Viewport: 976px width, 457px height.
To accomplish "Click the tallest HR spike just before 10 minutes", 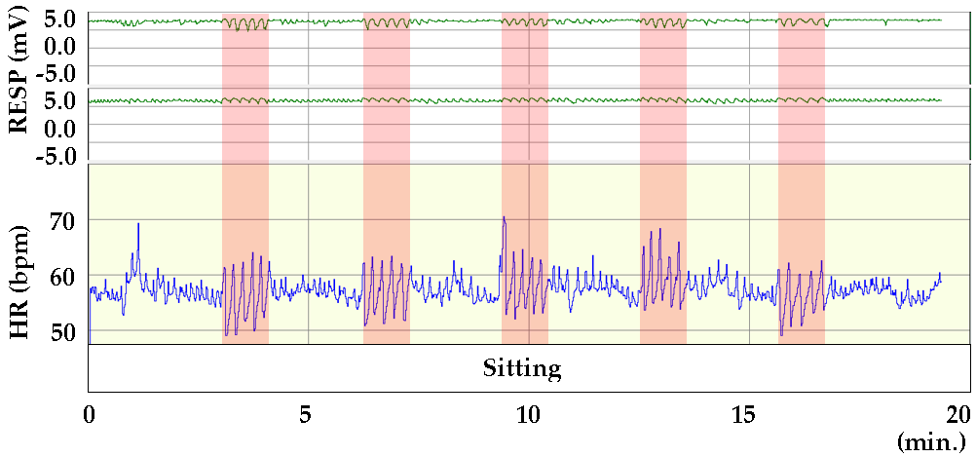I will (504, 218).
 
